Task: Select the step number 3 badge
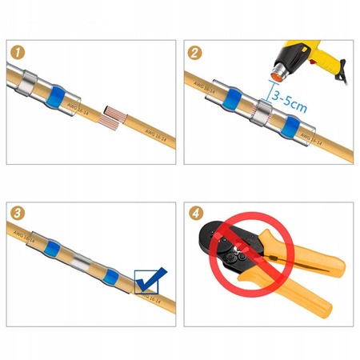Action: point(18,214)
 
